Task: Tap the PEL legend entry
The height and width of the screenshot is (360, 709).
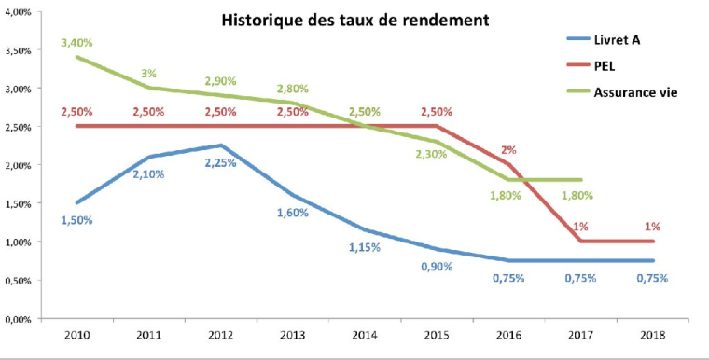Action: [x=605, y=65]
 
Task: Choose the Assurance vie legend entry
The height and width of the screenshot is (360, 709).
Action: [x=635, y=92]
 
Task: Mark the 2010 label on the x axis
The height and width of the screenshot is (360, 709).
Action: [x=76, y=336]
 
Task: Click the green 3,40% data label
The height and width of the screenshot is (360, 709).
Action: [x=76, y=42]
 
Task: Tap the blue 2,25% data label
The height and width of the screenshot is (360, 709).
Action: [x=220, y=161]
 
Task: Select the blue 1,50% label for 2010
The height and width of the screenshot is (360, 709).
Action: [x=76, y=219]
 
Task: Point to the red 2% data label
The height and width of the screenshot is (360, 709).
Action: [x=507, y=149]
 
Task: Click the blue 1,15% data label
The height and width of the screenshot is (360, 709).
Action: [x=364, y=247]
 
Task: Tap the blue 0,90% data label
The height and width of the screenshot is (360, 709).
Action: [x=436, y=266]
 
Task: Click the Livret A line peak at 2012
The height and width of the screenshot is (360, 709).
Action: [x=220, y=145]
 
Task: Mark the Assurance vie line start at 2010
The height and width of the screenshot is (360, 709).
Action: [x=76, y=57]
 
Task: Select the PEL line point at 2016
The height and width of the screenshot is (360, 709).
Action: [x=507, y=165]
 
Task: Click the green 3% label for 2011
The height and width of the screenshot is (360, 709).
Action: [x=148, y=73]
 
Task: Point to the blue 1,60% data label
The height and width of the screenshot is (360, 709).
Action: [x=292, y=212]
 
